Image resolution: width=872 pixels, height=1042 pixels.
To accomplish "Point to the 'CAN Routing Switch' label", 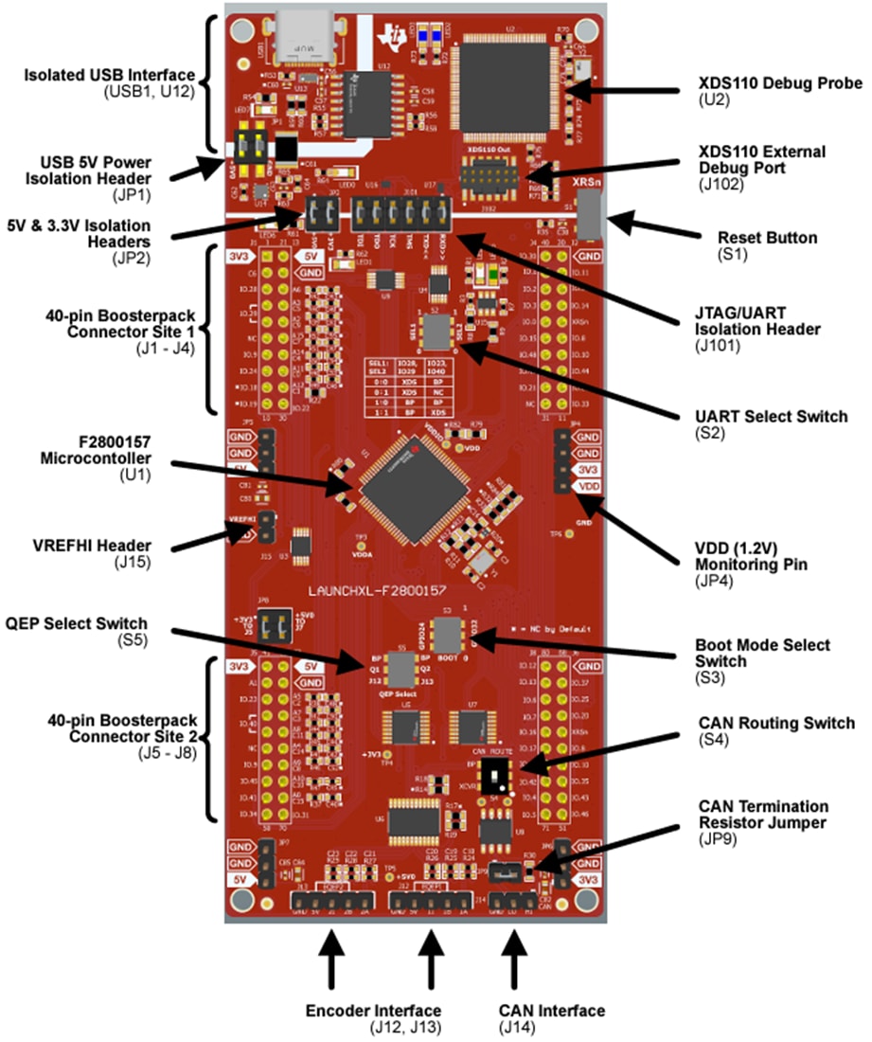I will tap(776, 723).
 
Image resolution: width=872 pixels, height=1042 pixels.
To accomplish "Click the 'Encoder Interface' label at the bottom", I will tap(373, 1011).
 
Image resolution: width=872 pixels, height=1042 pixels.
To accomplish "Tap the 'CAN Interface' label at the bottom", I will tap(551, 1011).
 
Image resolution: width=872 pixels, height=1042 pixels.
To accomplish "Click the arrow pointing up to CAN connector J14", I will tap(515, 958).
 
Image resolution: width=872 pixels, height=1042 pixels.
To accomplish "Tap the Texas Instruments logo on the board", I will tap(390, 34).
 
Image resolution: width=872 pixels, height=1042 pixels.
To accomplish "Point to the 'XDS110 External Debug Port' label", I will tap(761, 159).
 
